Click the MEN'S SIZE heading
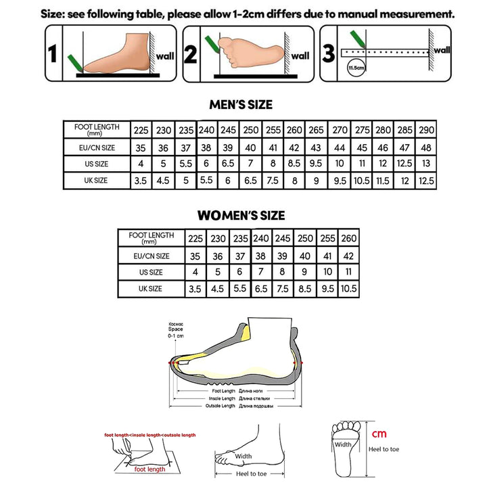tap(241, 105)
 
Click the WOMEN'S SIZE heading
tap(241, 216)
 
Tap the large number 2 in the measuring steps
tap(191, 55)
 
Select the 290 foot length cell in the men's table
tap(427, 130)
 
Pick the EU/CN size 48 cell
tap(427, 147)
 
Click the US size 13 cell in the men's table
tap(427, 164)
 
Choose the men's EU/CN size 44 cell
tap(340, 147)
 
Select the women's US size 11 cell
tap(348, 272)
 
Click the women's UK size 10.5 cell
tap(348, 289)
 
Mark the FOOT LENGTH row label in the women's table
tap(151, 237)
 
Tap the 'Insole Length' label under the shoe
tap(221, 398)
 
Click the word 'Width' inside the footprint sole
tap(343, 444)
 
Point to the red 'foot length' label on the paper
tap(149, 469)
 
